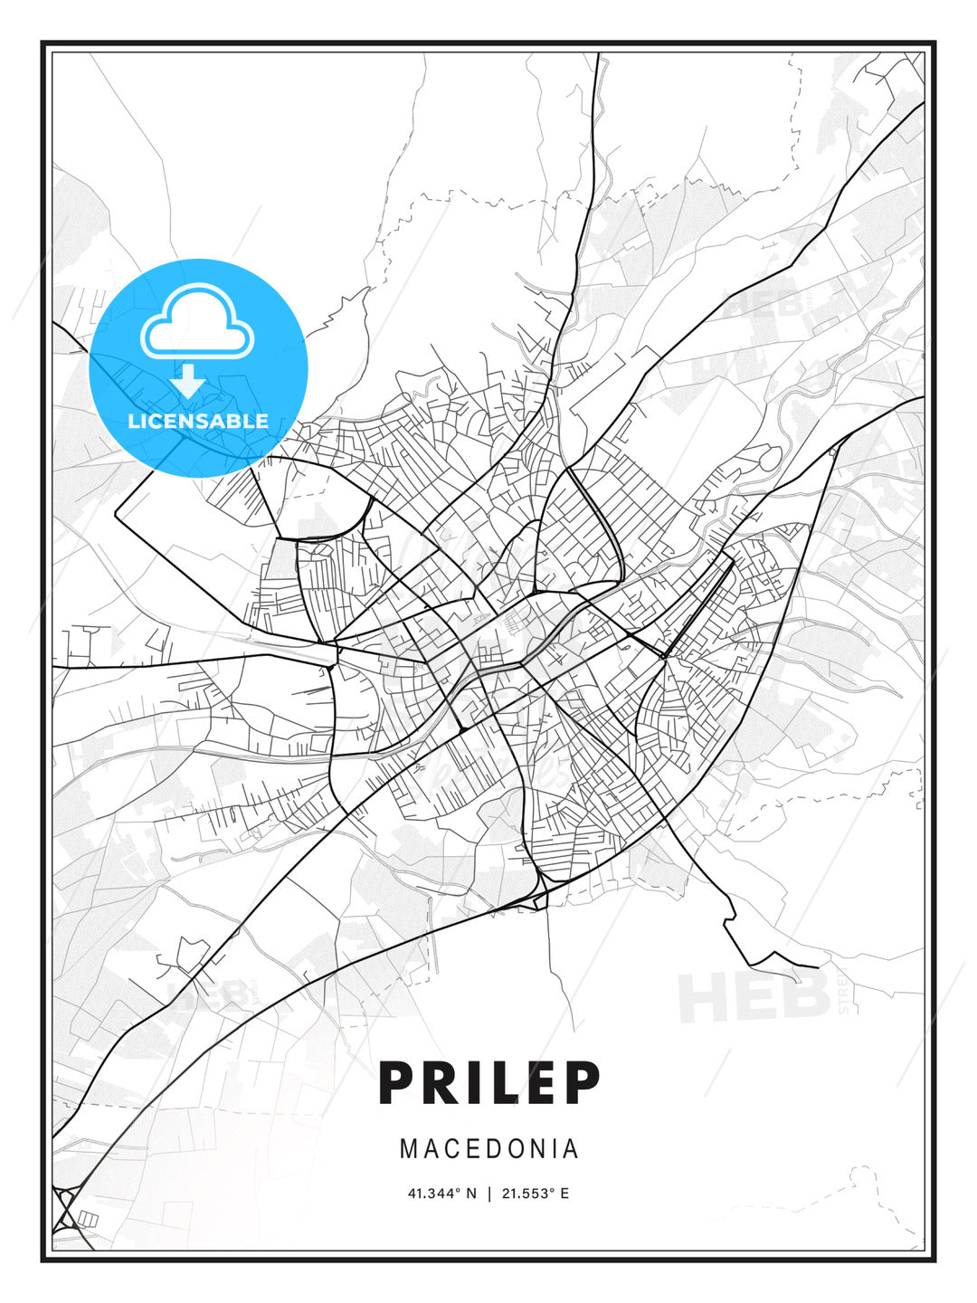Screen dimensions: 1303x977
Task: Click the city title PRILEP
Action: tap(488, 1083)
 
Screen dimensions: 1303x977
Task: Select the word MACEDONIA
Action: tap(488, 1149)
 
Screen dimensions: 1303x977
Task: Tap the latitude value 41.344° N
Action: tap(441, 1194)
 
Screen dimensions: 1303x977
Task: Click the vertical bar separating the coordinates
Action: tap(489, 1194)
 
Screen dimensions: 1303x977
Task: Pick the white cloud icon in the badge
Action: tap(197, 323)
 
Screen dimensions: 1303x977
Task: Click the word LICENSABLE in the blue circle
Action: tap(198, 421)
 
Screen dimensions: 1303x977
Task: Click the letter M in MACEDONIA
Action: tap(409, 1149)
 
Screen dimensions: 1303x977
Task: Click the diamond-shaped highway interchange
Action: tap(64, 1207)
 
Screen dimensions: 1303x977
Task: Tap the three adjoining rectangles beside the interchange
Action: tap(87, 1220)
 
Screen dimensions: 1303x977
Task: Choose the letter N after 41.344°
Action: tap(471, 1194)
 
